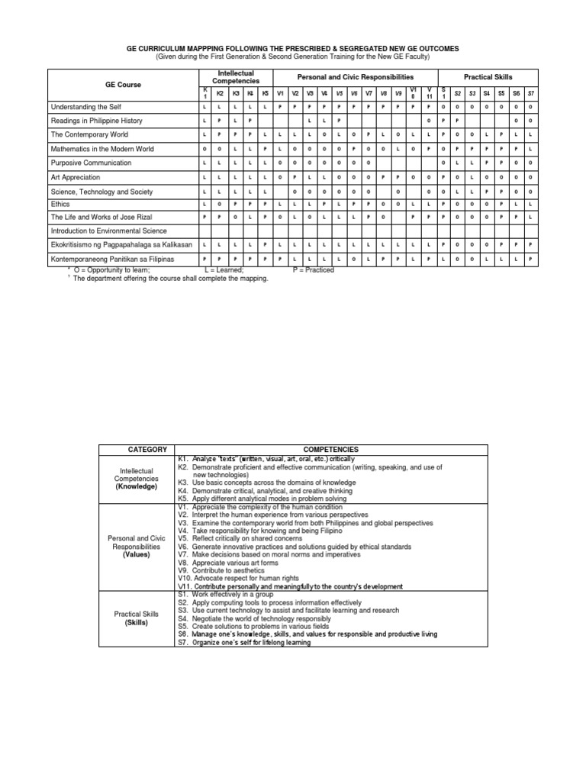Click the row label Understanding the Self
(86, 107)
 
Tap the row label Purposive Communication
(91, 163)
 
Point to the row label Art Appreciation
(76, 176)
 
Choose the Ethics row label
(60, 204)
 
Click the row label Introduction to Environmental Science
(108, 231)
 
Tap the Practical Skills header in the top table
(488, 76)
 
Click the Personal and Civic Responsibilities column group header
(355, 76)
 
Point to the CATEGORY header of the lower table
(137, 450)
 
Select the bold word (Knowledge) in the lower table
(137, 486)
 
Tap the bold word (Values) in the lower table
(137, 555)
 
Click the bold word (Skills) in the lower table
(137, 622)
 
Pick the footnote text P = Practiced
(314, 270)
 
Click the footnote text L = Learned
(225, 270)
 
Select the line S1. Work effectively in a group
(231, 594)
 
